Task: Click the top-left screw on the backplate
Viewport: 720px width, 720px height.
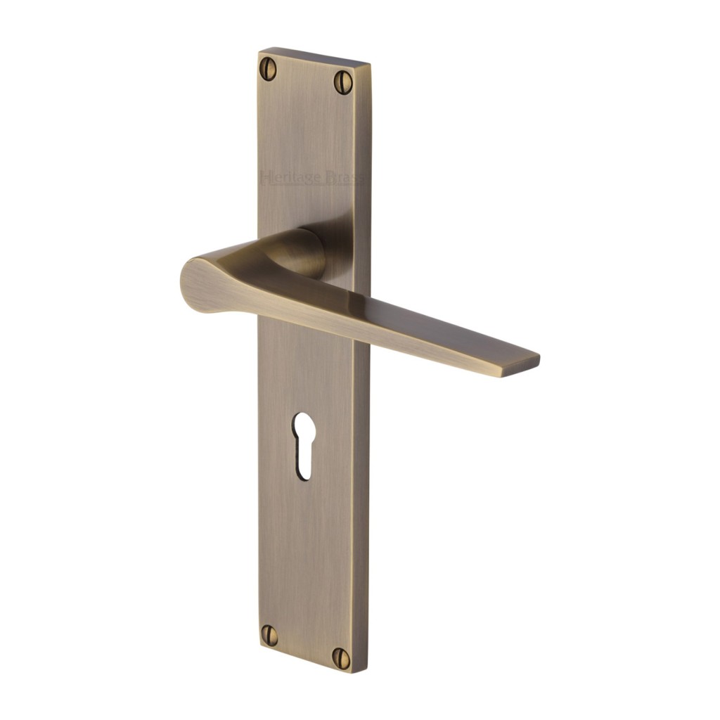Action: click(x=268, y=68)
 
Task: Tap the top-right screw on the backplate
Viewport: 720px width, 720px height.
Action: click(x=342, y=82)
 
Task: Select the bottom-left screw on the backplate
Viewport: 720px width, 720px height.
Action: click(x=269, y=634)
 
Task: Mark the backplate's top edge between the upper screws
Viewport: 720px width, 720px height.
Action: click(x=309, y=56)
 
